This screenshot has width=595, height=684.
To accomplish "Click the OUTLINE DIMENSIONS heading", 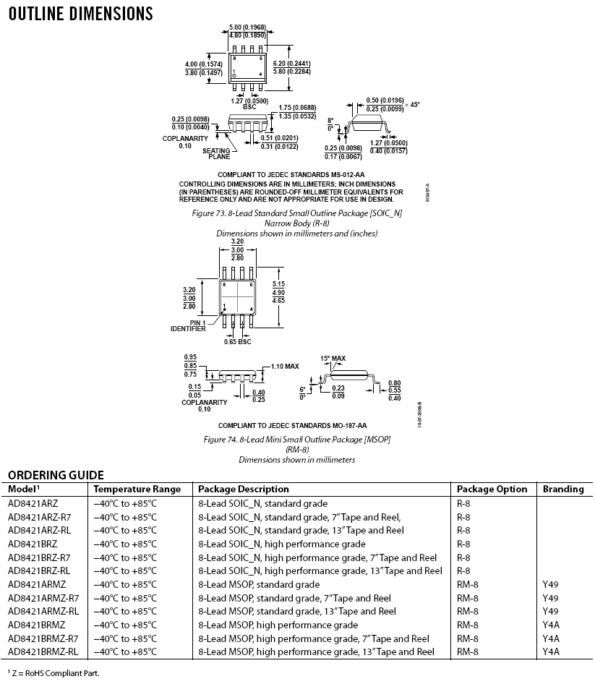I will (x=80, y=14).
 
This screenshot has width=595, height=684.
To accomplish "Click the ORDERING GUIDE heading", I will (x=56, y=475).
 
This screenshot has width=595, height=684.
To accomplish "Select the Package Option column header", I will (x=492, y=489).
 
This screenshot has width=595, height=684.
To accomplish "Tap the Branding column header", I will (x=563, y=489).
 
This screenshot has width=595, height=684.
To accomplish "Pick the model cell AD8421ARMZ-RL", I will (x=43, y=611).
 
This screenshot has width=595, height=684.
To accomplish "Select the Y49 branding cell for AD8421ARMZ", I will (x=550, y=584).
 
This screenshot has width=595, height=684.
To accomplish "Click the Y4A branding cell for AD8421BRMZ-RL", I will (x=551, y=651).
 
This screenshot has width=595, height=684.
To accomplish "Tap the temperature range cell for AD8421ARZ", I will (x=124, y=503).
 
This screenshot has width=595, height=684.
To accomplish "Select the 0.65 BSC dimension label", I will (x=236, y=341).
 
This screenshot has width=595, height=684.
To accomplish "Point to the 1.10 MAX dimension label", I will (x=285, y=367).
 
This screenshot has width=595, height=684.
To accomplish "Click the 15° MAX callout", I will (x=333, y=358).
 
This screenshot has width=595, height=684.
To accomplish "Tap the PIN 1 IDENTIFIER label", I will (x=188, y=325).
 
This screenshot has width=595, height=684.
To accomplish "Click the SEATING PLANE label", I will (x=215, y=153).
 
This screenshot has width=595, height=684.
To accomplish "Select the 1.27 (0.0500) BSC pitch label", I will (x=249, y=103).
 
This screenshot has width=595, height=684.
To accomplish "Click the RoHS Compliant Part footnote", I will (x=53, y=673).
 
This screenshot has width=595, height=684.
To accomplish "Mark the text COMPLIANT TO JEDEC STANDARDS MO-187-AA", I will (x=292, y=425).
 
